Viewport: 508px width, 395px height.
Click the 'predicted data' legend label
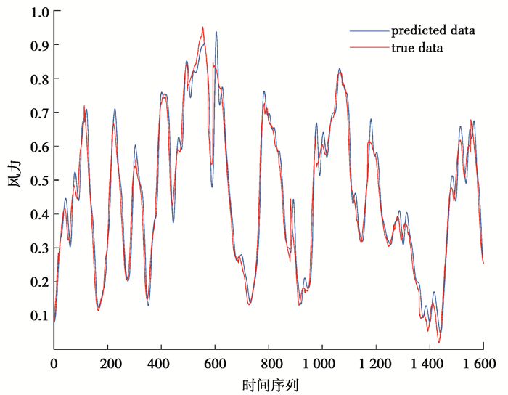[433, 31]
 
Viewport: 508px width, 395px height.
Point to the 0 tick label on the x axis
[54, 362]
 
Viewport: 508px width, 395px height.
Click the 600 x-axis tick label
[215, 362]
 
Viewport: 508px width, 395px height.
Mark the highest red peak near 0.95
[202, 28]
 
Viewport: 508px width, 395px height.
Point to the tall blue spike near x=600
[216, 33]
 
